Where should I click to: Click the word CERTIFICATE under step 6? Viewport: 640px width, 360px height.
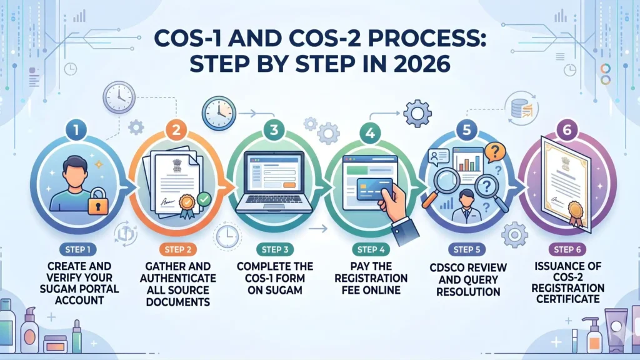pos(568,299)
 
